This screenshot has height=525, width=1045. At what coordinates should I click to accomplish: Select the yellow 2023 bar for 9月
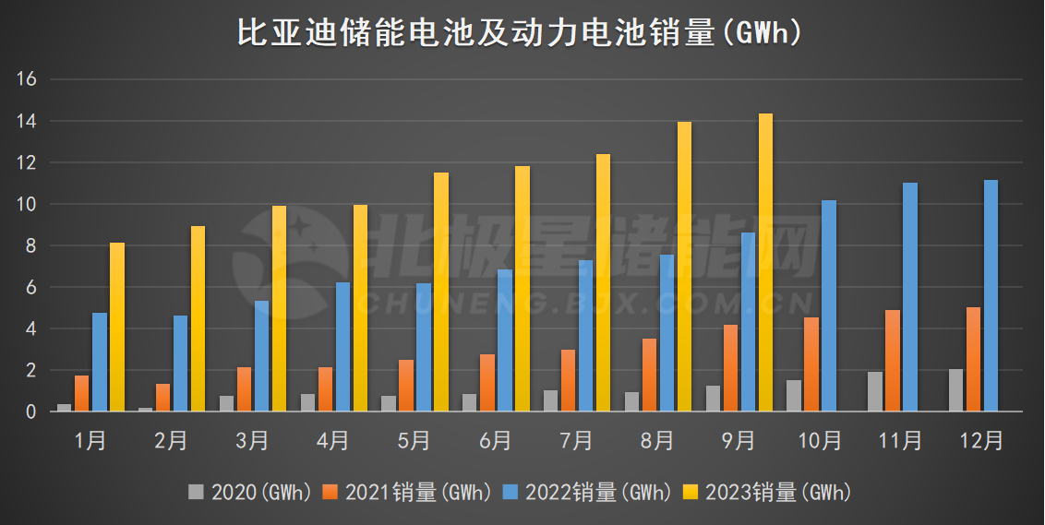(x=765, y=263)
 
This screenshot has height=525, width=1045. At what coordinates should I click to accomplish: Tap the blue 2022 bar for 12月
(x=991, y=295)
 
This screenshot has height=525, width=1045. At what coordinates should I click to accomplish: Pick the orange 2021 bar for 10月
(x=811, y=364)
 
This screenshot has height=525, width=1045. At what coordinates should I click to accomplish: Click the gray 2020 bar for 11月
(x=875, y=391)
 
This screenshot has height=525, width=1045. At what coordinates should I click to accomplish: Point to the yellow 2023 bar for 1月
(x=117, y=328)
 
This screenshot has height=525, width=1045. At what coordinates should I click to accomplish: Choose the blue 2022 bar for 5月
(x=423, y=347)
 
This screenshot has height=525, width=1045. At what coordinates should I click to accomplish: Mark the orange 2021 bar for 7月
(x=568, y=380)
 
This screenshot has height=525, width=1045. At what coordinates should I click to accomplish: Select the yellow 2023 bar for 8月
(x=684, y=267)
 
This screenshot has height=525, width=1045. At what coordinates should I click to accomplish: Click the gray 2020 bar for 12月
(x=955, y=390)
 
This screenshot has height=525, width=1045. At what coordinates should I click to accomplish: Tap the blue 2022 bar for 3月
(x=261, y=356)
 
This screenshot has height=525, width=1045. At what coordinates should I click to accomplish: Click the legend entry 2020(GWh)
(x=249, y=493)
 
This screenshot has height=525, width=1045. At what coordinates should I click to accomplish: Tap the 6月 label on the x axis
(x=496, y=441)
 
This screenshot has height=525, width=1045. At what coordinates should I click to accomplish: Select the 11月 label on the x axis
(x=900, y=441)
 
